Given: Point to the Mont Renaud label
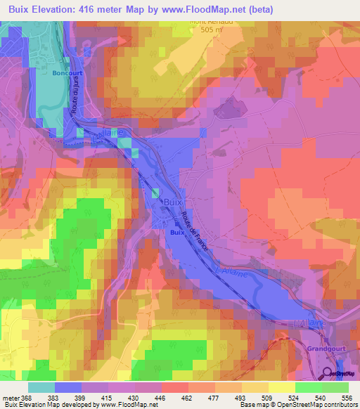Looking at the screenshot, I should (210, 21).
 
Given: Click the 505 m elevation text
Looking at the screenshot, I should (211, 30).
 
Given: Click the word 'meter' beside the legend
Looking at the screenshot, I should (10, 397).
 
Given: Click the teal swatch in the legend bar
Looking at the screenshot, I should (41, 387).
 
